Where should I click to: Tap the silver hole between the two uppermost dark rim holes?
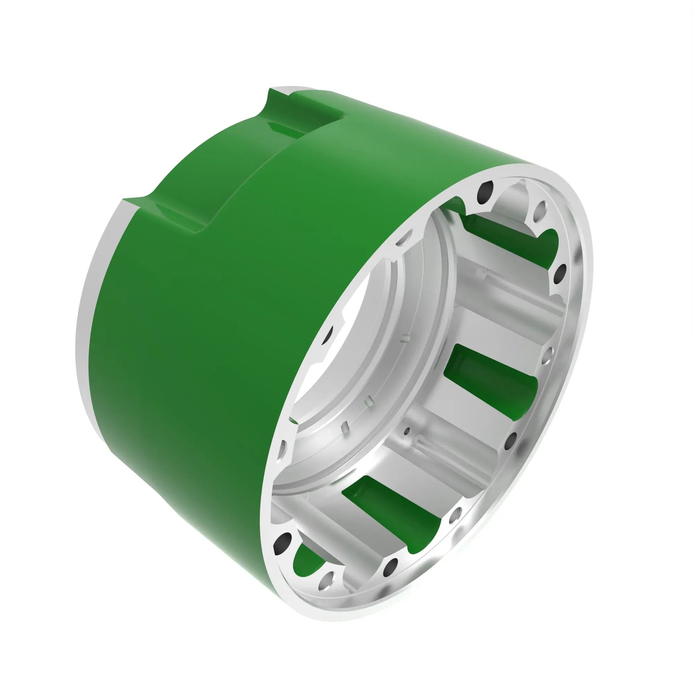(540, 212)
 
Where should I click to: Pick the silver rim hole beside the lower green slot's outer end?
(456, 516)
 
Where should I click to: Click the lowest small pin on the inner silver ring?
(346, 427)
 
